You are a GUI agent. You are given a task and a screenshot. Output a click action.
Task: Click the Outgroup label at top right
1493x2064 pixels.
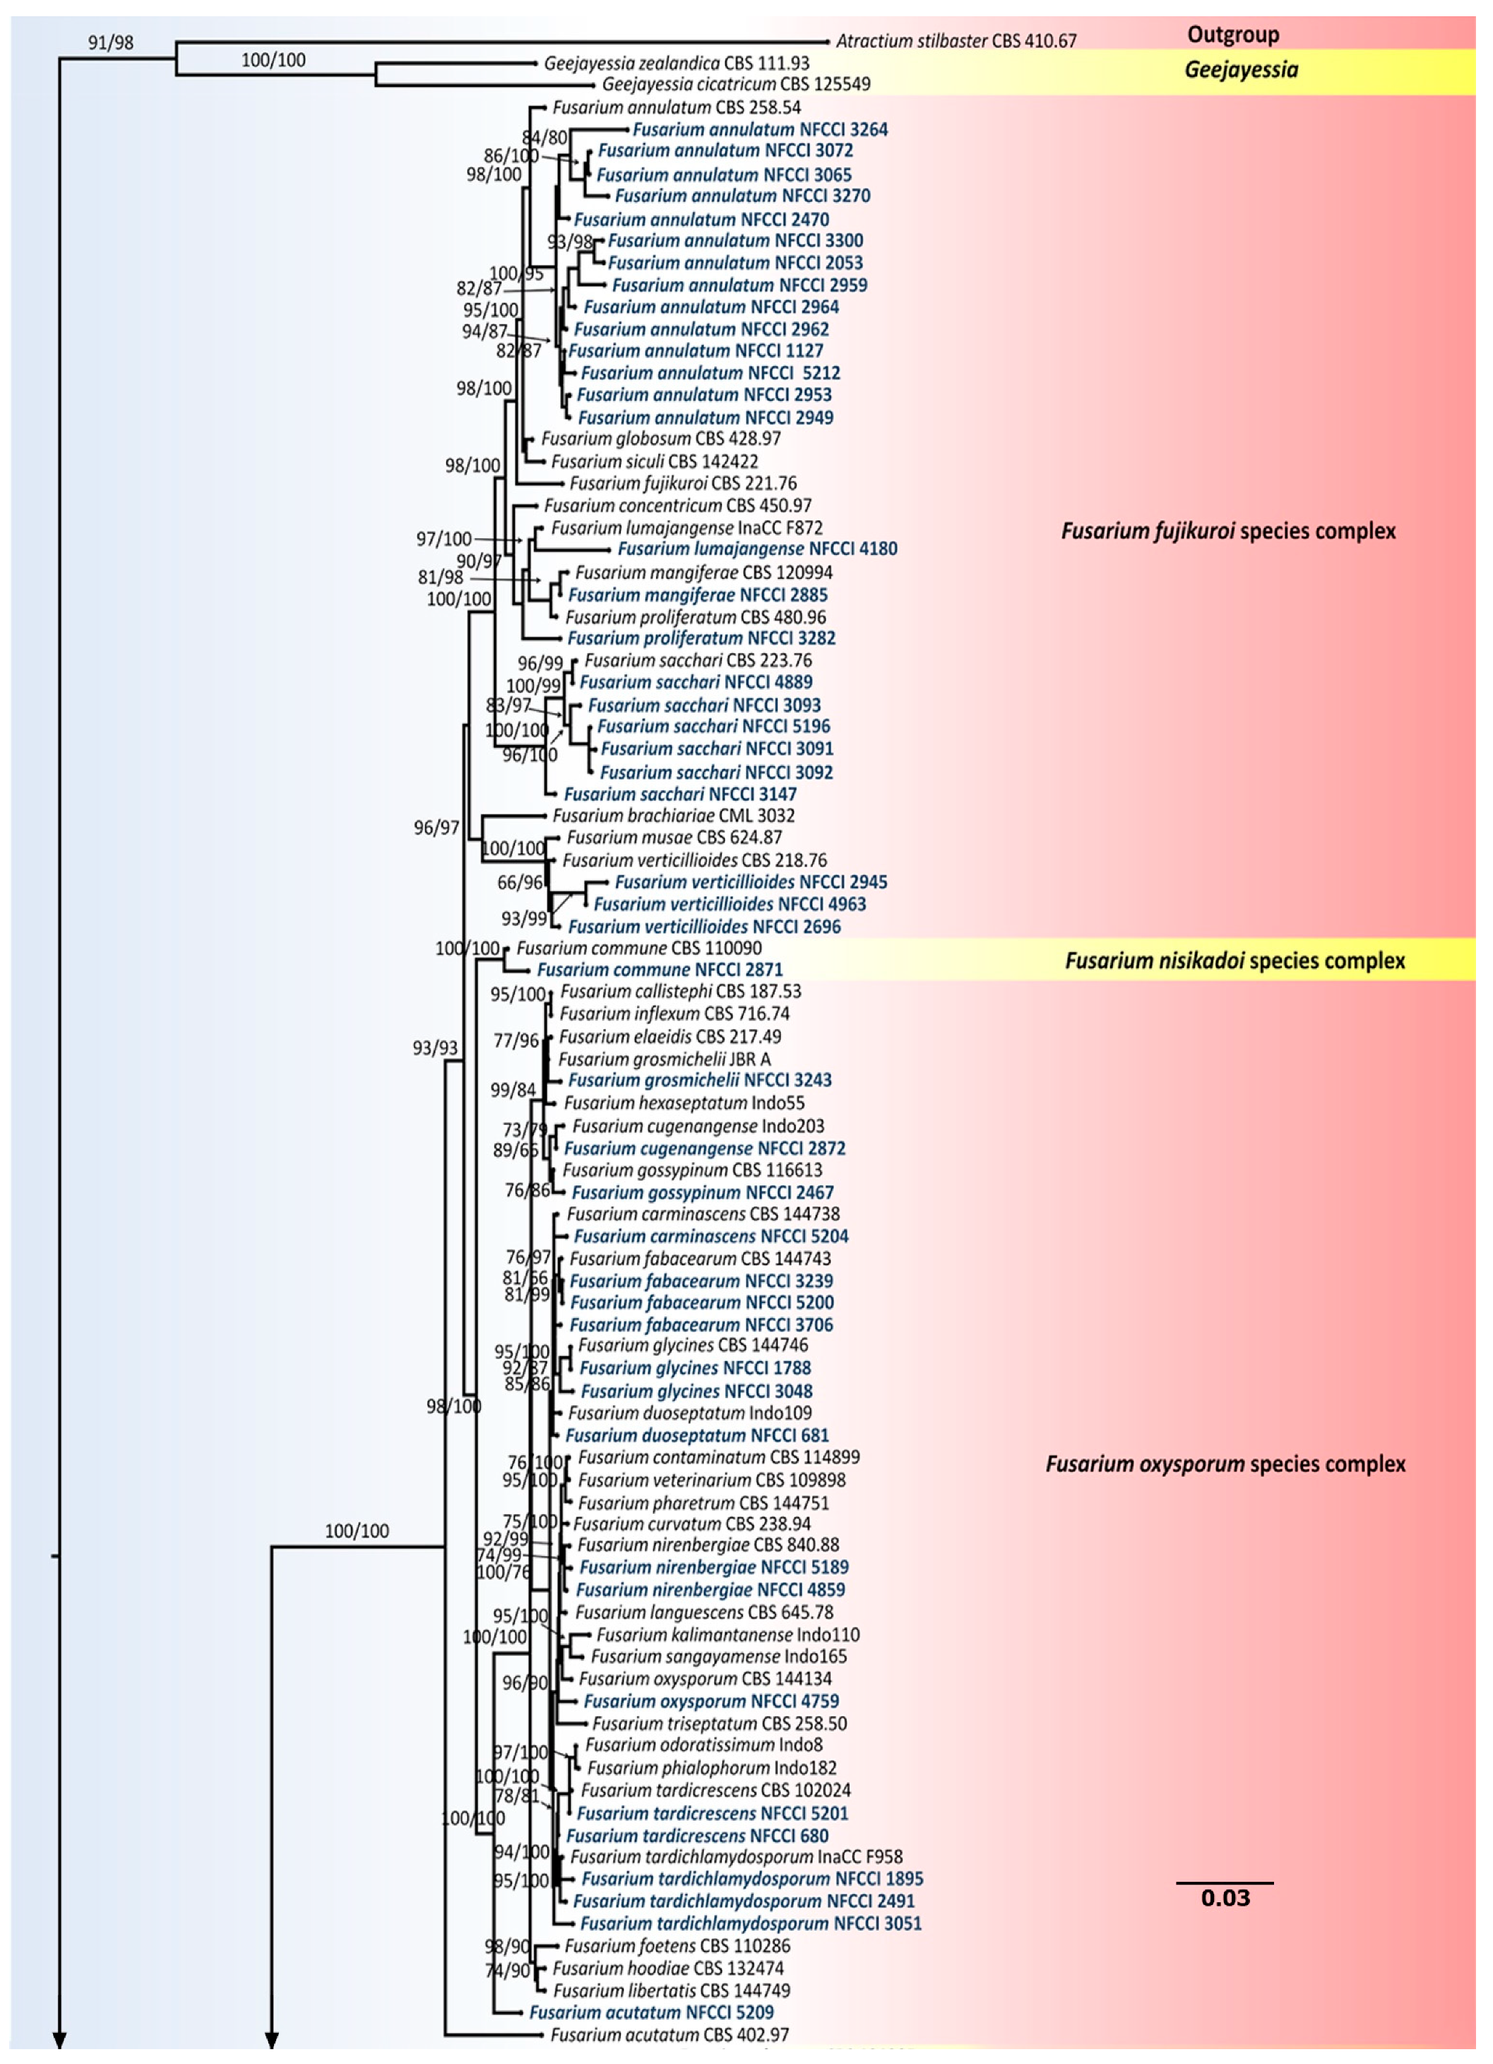coord(1233,35)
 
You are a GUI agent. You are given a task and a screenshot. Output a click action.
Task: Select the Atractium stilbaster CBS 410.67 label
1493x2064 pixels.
coord(956,41)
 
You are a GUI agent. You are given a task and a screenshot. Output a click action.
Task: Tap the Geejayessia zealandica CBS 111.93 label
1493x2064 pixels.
coord(676,64)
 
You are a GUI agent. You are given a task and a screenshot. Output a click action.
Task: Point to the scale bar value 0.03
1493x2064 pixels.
coord(1225,1899)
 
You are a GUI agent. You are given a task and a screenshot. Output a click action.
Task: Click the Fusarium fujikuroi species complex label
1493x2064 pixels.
coord(1228,531)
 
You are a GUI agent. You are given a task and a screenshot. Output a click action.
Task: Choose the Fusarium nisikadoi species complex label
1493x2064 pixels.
coord(1235,961)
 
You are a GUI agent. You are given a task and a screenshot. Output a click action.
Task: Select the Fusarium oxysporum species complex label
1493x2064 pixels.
coord(1225,1464)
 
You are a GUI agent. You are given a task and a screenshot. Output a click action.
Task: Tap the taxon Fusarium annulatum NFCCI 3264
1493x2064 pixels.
coord(760,130)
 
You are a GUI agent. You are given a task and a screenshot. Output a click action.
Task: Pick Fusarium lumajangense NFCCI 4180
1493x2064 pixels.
coord(757,549)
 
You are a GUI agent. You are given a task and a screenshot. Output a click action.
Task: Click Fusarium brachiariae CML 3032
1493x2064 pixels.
coord(673,815)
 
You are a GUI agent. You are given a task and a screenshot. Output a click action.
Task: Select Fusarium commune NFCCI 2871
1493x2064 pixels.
coord(660,970)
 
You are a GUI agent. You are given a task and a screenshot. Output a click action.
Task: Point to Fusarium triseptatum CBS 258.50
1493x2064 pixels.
coord(720,1724)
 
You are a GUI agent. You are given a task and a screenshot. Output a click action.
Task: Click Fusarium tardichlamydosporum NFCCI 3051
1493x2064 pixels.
coord(751,1923)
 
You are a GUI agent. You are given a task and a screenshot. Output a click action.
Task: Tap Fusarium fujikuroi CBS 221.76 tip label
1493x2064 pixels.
coord(682,483)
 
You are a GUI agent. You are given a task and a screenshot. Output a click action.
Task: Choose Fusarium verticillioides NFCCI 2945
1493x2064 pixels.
coord(751,882)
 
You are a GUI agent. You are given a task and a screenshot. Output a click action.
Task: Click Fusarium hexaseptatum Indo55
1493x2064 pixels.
coord(684,1103)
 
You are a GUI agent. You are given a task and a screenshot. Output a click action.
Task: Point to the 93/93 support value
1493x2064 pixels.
coord(435,1048)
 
